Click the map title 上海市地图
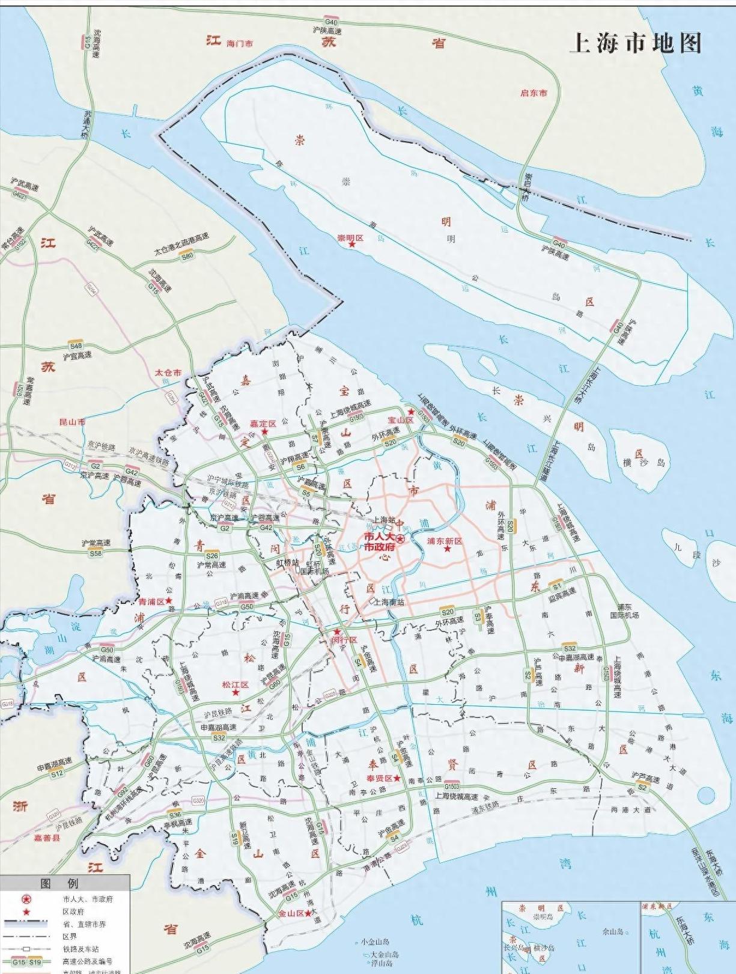pos(635,43)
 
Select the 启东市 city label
pos(534,93)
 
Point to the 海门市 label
pos(240,44)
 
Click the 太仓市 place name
pos(168,373)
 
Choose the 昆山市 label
pos(72,422)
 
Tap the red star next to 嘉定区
pos(264,432)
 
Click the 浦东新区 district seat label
pos(445,541)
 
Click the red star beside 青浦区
pos(169,600)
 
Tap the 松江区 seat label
pos(235,684)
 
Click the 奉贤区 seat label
pos(380,778)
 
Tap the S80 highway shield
pos(188,256)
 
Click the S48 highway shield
pos(76,345)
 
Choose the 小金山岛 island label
pos(376,942)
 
